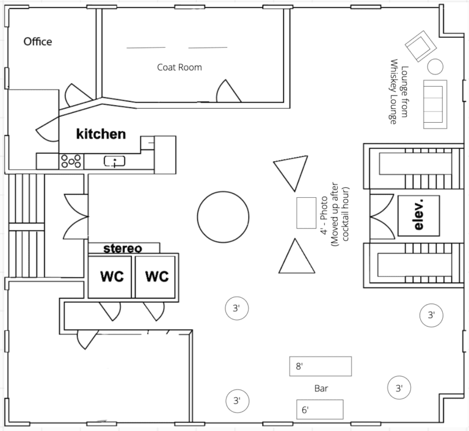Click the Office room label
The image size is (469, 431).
point(38,42)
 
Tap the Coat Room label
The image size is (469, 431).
point(180,67)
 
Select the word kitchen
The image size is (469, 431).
point(101,134)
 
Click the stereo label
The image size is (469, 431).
point(123,248)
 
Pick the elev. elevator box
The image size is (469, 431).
point(419,215)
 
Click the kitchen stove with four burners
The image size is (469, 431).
point(71,162)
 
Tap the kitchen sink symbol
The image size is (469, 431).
point(115,161)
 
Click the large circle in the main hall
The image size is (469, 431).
point(223,217)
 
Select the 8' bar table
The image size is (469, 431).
point(321,366)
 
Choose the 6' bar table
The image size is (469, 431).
point(320,410)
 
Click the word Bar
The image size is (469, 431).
point(321,388)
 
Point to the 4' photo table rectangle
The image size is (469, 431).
point(307,213)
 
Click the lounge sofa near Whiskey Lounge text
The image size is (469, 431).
point(435,104)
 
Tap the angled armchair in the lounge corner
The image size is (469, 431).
point(421,46)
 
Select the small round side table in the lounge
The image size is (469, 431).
point(435,67)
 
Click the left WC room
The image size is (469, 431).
point(110,277)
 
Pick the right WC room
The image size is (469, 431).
point(155,277)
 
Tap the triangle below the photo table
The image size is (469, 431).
point(296,257)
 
